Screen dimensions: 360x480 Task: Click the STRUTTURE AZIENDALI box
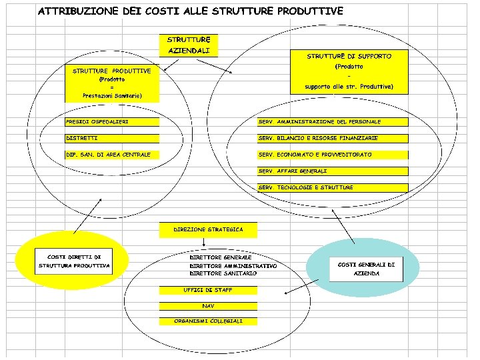(x=189, y=45)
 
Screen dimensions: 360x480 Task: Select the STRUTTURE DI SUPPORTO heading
(x=349, y=57)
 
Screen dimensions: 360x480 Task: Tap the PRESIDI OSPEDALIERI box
(x=112, y=122)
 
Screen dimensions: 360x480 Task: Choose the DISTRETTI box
(x=112, y=138)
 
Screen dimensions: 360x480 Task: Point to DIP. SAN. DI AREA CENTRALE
(x=112, y=155)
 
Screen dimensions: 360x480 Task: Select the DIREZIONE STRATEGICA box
(x=208, y=229)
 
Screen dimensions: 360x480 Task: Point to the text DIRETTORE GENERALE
(x=221, y=257)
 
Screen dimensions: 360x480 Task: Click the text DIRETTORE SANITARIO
(x=223, y=273)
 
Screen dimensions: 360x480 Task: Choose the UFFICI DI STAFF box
(x=208, y=290)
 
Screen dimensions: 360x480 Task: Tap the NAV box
(x=208, y=306)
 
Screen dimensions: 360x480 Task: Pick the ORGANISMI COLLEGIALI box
(x=208, y=321)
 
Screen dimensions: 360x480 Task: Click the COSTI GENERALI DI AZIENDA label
(x=366, y=269)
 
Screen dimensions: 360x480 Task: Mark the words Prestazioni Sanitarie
(x=112, y=96)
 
